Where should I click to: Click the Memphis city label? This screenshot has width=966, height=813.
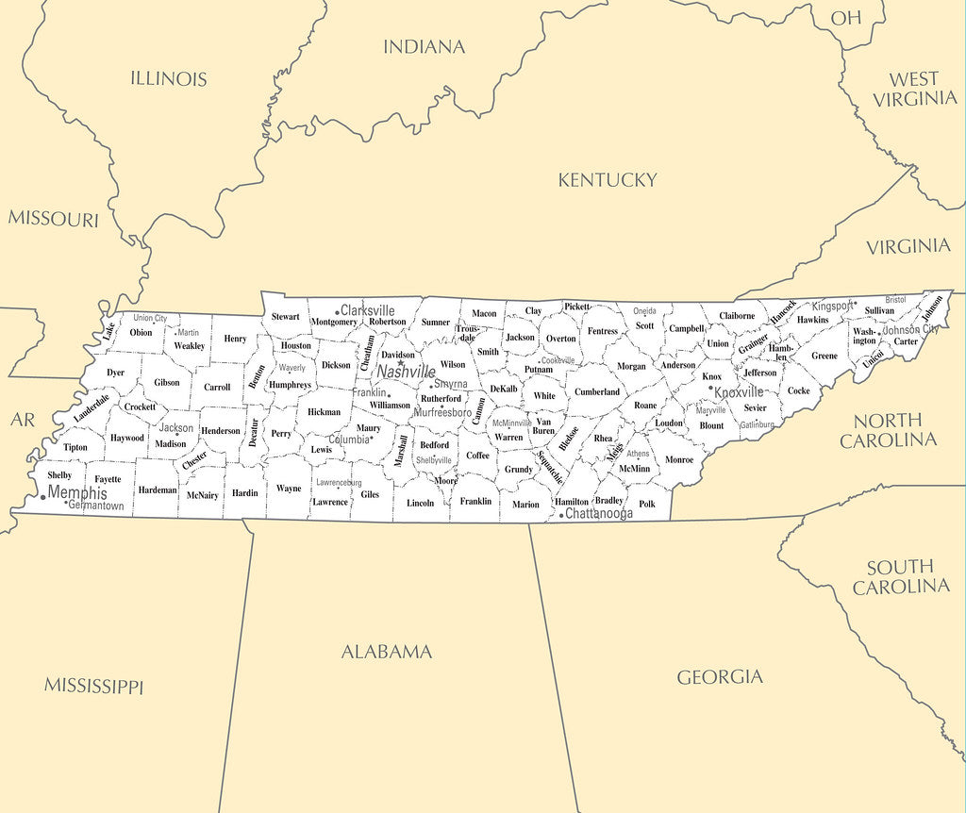77,493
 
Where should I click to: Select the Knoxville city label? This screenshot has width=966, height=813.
739,392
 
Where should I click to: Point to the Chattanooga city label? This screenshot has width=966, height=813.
598,514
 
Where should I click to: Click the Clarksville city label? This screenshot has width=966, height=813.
368,310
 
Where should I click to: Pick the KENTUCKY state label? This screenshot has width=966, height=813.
607,180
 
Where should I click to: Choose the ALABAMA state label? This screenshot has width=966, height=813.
386,652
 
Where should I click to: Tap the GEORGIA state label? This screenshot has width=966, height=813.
720,676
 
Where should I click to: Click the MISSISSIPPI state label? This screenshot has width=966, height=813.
93,686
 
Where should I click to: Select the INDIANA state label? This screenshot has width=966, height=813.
424,46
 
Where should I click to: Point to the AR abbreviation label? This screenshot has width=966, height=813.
23,420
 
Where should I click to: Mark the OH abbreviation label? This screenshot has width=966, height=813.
846,17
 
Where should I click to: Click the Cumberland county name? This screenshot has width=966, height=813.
597,391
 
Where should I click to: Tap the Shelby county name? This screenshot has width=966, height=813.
59,475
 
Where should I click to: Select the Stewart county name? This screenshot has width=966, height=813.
285,317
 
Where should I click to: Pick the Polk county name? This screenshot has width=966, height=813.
647,504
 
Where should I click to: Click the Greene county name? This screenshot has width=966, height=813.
824,357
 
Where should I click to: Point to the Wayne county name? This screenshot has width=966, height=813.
289,489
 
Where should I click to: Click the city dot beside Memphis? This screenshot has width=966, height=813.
42,497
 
